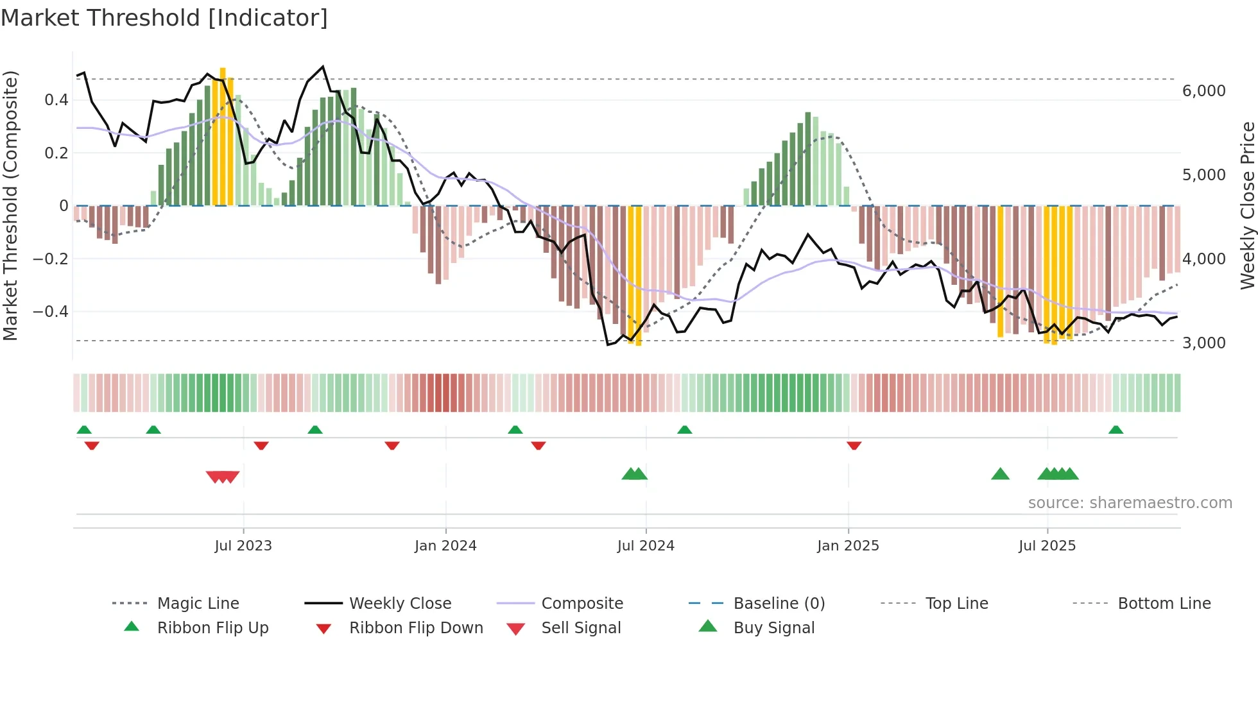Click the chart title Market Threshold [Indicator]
164,18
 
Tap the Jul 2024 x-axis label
646,546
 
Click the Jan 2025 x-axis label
848,546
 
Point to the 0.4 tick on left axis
56,100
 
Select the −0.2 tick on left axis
51,259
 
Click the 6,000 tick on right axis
1204,91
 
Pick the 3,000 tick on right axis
1204,343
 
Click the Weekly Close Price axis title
1247,205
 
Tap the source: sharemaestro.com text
1130,503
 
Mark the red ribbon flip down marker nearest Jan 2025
854,445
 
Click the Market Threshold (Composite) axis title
10,205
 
